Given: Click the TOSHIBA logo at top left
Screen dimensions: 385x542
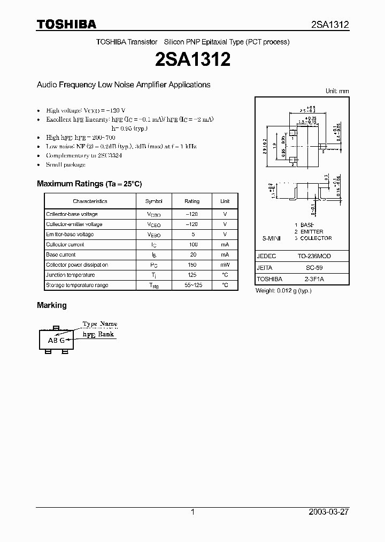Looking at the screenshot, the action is click(x=66, y=24).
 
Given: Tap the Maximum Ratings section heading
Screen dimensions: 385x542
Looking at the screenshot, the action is click(x=89, y=184).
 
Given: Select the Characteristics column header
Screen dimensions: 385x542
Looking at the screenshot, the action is click(x=90, y=201).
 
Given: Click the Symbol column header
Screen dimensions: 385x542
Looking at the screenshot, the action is click(x=153, y=201).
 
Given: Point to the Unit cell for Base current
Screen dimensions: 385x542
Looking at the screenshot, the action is click(x=225, y=255).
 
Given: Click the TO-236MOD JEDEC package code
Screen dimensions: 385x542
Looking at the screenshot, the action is click(x=314, y=257).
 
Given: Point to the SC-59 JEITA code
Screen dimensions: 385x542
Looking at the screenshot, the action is click(x=314, y=268).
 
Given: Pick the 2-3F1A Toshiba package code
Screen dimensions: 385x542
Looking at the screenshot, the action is click(x=314, y=279).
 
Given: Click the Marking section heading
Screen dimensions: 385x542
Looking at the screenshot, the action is click(x=52, y=305).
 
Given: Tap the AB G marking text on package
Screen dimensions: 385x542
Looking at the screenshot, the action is click(x=57, y=341).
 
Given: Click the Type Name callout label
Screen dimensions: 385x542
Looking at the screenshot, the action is click(x=99, y=324).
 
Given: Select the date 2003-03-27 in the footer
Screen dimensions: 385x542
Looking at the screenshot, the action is click(x=329, y=512).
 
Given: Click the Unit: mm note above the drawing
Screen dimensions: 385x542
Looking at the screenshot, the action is click(x=337, y=92).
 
